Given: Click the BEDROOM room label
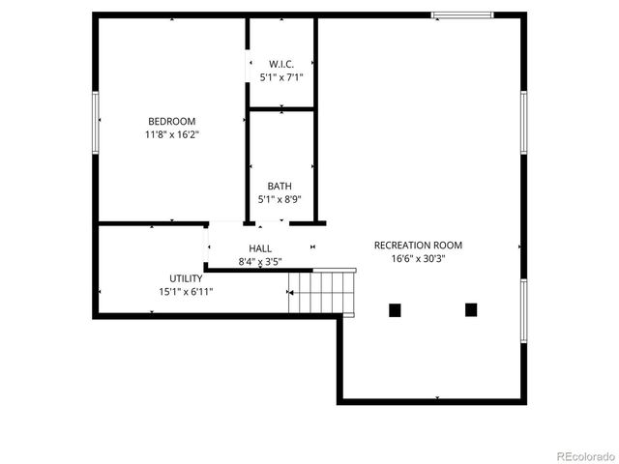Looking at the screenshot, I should (171, 122).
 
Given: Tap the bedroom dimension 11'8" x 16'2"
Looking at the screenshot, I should (171, 135).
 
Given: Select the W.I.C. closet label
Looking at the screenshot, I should (281, 64).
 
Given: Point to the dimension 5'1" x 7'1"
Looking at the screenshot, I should (281, 76).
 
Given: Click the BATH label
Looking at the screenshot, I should (280, 187).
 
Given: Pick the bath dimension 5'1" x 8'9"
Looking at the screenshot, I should (280, 200).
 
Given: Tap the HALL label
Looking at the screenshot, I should (260, 248).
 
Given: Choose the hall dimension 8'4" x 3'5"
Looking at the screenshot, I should (260, 262).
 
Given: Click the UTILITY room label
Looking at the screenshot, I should (186, 278).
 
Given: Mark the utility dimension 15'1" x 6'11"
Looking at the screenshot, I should (186, 291).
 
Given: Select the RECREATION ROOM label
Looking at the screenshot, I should (418, 246).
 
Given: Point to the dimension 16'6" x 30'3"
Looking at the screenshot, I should (418, 258).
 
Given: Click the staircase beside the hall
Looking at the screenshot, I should (323, 292).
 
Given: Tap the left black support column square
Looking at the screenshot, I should (395, 310).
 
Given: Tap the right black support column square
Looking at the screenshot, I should (471, 310).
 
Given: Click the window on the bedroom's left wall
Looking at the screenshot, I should (95, 121).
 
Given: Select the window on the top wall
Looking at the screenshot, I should (461, 14).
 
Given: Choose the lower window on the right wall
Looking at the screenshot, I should (523, 313).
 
